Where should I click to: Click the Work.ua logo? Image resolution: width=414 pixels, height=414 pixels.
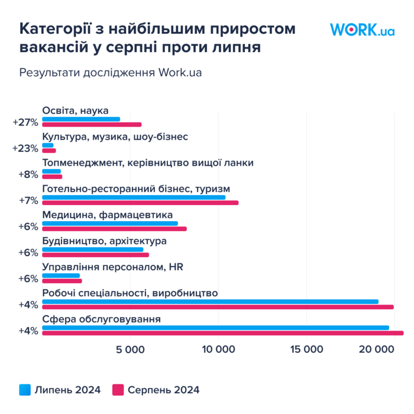(362, 30)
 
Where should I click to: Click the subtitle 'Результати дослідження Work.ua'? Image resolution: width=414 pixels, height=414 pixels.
(111, 73)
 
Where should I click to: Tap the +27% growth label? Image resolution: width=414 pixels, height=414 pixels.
(25, 122)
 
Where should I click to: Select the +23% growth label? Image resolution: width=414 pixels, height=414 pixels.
(25, 148)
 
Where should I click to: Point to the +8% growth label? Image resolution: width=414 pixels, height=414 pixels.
(28, 174)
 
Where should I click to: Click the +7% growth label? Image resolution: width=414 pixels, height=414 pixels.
(28, 200)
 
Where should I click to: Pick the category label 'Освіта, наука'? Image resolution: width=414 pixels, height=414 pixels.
(75, 111)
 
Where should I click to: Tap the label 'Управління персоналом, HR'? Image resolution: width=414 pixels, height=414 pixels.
(113, 267)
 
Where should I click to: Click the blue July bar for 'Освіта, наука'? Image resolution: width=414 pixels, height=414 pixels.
(81, 119)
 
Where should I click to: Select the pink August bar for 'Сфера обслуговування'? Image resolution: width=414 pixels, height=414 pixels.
(223, 333)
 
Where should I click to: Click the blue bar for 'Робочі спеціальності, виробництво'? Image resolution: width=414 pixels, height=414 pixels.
(210, 302)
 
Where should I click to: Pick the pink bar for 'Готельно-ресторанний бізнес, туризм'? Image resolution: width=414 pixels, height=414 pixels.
(140, 203)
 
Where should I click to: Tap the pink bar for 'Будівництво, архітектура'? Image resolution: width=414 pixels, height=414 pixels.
(95, 255)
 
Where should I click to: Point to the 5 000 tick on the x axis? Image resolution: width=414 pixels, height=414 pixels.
(130, 350)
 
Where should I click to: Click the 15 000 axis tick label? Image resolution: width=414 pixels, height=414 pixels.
(306, 350)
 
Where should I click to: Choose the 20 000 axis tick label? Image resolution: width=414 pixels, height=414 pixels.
(377, 350)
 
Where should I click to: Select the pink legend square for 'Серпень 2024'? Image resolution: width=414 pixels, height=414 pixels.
(118, 390)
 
